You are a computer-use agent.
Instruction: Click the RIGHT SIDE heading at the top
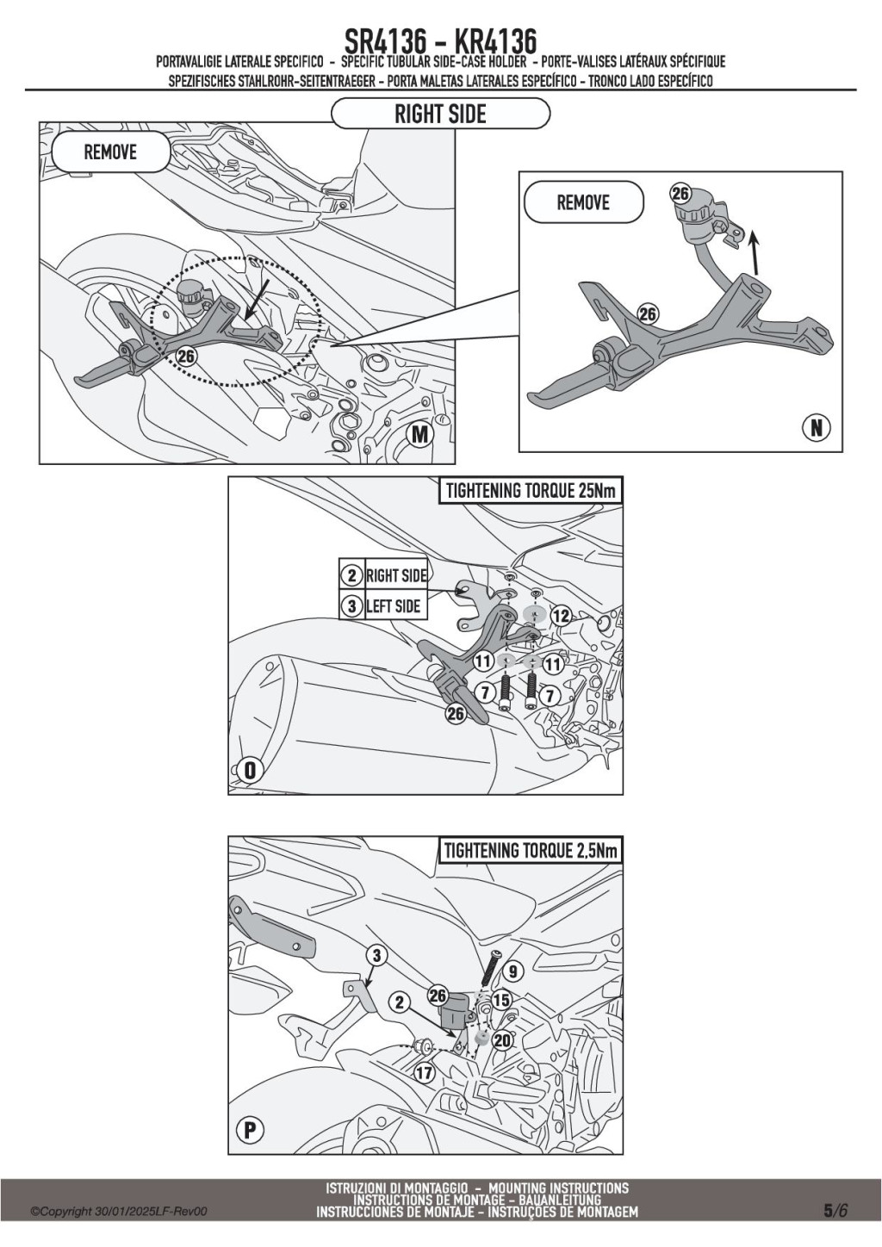[440, 115]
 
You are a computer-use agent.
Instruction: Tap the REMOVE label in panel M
[110, 152]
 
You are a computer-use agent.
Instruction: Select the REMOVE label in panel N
[583, 202]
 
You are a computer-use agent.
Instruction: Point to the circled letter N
[817, 427]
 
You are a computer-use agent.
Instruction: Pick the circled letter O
[250, 771]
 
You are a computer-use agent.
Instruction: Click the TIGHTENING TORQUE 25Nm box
[531, 492]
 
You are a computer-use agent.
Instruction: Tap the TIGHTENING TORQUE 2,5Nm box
[531, 851]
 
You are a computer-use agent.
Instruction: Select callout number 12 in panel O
[562, 616]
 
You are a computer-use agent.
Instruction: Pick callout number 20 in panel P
[502, 1040]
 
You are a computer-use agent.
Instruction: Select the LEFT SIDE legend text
[393, 605]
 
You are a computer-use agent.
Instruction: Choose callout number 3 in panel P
[377, 956]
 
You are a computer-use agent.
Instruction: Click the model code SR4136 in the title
[386, 41]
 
